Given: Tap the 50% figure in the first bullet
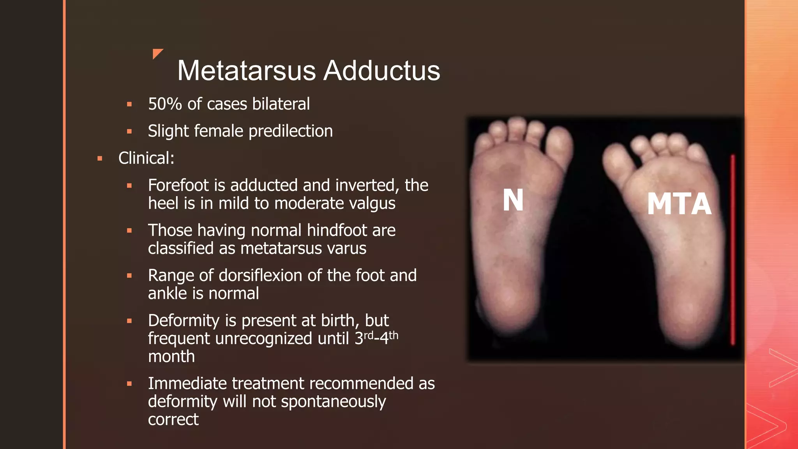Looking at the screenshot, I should (x=165, y=104).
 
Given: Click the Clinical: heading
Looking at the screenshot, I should (x=146, y=158).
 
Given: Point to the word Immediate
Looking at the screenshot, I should (x=187, y=384).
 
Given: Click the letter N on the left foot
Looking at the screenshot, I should (x=513, y=200).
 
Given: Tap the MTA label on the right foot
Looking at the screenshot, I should (x=679, y=204).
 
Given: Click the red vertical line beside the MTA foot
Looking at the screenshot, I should (x=733, y=249).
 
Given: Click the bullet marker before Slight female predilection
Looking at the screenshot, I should (x=129, y=132).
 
